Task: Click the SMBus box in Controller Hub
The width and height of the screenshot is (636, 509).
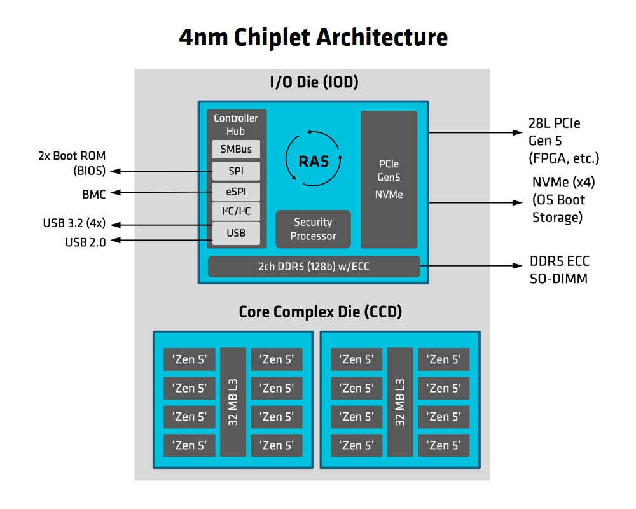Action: [x=236, y=150]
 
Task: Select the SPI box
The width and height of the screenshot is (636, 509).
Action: [x=236, y=171]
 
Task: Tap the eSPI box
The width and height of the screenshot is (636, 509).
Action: [x=236, y=192]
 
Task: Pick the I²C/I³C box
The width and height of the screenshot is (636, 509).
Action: [x=236, y=213]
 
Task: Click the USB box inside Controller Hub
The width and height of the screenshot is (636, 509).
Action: [x=236, y=233]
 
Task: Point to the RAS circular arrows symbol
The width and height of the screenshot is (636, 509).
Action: [x=314, y=159]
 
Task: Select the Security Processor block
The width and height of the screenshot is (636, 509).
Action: [x=313, y=229]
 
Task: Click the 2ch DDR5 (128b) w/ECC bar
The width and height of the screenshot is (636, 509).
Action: [x=314, y=267]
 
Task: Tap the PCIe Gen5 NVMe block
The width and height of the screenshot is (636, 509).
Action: [x=389, y=179]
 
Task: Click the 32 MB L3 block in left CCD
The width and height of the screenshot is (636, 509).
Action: [x=233, y=402]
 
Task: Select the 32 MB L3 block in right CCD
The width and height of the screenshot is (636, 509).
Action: [x=400, y=402]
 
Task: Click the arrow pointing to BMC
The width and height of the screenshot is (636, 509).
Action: [x=159, y=192]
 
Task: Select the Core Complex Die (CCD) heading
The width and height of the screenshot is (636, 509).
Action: [x=320, y=312]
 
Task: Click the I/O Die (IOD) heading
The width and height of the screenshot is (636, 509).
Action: [x=314, y=82]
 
